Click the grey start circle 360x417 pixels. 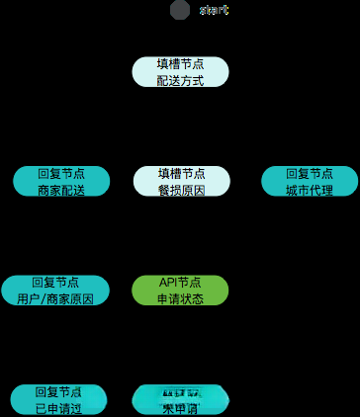(x=179, y=10)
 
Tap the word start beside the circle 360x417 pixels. (x=214, y=10)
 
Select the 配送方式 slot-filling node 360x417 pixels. (x=180, y=72)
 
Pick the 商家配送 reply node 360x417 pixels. (x=61, y=181)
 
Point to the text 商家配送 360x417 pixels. (x=61, y=190)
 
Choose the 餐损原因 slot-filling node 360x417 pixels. (x=181, y=181)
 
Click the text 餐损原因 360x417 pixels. (x=181, y=190)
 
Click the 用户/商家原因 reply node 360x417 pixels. (x=55, y=290)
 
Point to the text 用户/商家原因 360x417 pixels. (x=55, y=298)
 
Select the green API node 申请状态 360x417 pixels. (x=180, y=290)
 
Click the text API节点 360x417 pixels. (x=180, y=282)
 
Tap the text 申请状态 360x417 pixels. (x=180, y=298)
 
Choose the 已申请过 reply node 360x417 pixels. (x=57, y=399)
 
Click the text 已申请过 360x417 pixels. (x=57, y=408)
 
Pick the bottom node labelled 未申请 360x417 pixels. (x=180, y=399)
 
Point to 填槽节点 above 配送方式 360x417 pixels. (x=180, y=63)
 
